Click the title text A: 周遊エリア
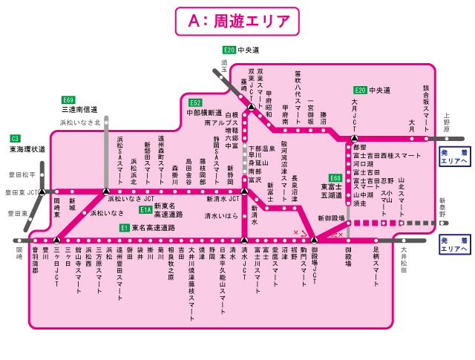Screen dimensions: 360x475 [237, 21]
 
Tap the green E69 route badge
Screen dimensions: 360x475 [68, 99]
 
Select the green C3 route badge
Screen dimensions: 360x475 [15, 138]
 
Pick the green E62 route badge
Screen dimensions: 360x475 [195, 102]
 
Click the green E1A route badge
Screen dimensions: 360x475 [145, 210]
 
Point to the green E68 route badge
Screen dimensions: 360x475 [335, 178]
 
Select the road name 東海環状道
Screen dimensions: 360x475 [27, 148]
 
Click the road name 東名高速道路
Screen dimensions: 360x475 [153, 228]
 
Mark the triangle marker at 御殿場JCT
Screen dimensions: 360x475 [314, 240]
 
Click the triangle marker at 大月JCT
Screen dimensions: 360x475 [355, 138]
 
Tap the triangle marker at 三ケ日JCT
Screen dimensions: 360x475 [56, 240]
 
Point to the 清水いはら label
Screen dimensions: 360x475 [221, 215]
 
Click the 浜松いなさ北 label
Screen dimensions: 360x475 [80, 122]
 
